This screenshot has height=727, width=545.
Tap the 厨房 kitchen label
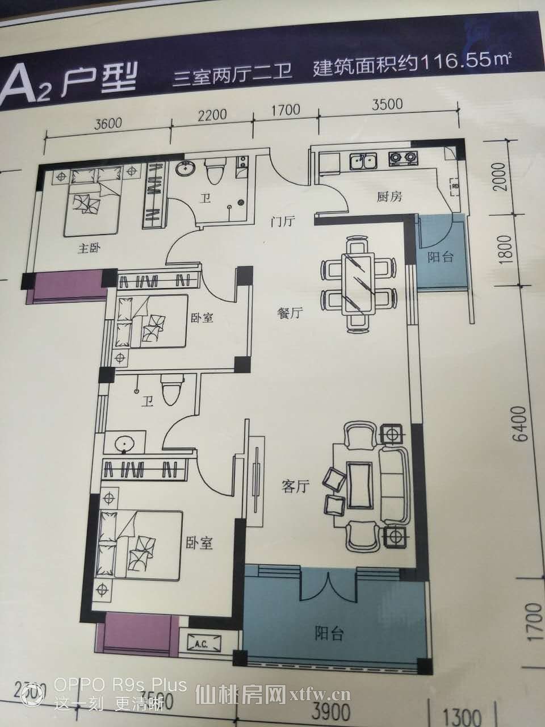(x=389, y=197)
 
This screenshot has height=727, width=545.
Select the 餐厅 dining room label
(x=289, y=314)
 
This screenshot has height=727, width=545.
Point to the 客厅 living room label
(x=295, y=486)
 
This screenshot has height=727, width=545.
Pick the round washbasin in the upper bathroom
(x=185, y=169)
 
